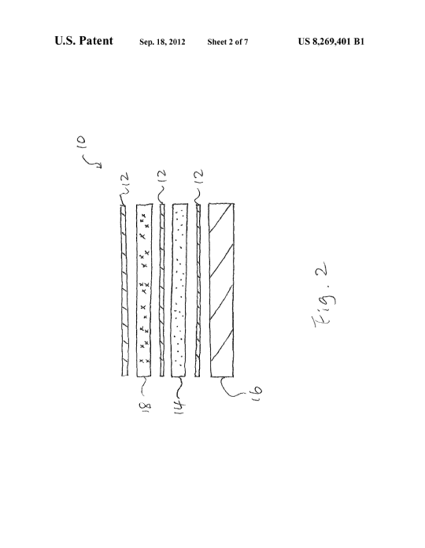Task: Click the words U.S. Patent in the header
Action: click(83, 41)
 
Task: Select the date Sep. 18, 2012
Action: click(162, 42)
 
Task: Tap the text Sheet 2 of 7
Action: click(227, 42)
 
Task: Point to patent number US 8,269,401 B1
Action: click(331, 42)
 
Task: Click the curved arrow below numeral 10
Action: click(91, 162)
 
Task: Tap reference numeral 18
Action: click(146, 405)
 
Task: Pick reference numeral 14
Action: click(179, 407)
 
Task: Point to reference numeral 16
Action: click(257, 393)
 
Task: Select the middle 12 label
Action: click(163, 177)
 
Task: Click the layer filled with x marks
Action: click(144, 290)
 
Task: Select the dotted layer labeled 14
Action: click(179, 290)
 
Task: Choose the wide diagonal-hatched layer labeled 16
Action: click(222, 290)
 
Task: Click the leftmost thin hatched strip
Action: click(124, 290)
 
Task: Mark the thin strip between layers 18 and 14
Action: click(162, 290)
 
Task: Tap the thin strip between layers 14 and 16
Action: click(198, 290)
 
